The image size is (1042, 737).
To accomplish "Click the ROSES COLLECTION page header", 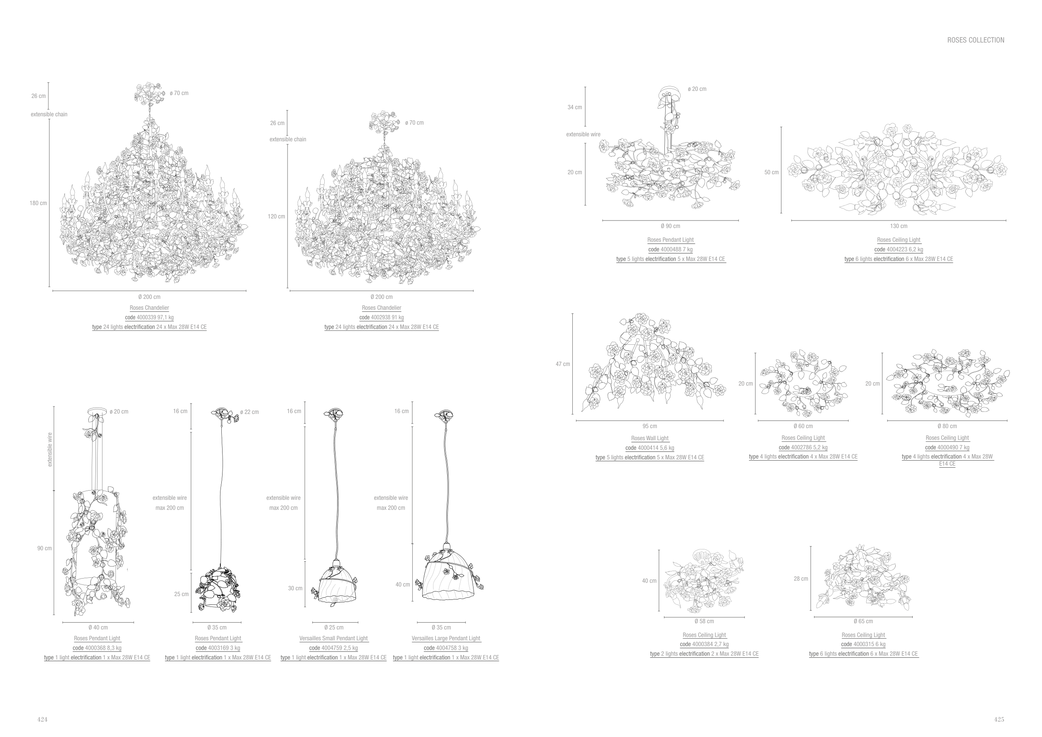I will click(x=975, y=40).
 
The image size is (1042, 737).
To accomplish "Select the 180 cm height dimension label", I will click(x=38, y=203).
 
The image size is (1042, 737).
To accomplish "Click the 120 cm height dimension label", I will click(x=276, y=216).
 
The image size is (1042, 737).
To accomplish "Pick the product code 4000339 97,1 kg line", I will click(x=149, y=317).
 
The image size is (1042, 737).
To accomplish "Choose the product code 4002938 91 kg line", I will click(x=381, y=317).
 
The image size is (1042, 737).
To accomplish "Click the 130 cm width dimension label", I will click(x=899, y=226).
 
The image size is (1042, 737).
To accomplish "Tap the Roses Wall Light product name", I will click(x=649, y=438).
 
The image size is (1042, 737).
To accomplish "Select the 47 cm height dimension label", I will click(x=563, y=364).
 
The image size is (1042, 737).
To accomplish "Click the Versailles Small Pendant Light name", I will click(x=333, y=638).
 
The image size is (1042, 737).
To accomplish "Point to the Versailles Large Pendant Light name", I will click(x=446, y=638).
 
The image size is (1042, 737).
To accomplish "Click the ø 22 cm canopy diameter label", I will click(x=249, y=412).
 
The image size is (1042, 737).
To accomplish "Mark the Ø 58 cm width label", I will click(x=704, y=621).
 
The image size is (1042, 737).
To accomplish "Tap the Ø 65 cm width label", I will click(x=863, y=621).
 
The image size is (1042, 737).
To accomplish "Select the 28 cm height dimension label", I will click(x=801, y=579).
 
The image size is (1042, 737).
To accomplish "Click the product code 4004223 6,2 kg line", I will click(x=899, y=249).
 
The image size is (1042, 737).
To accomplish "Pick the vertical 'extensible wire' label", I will click(x=50, y=449).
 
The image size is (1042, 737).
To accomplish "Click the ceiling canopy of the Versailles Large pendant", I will click(x=444, y=414).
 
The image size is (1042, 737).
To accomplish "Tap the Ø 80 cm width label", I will click(x=947, y=426).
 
